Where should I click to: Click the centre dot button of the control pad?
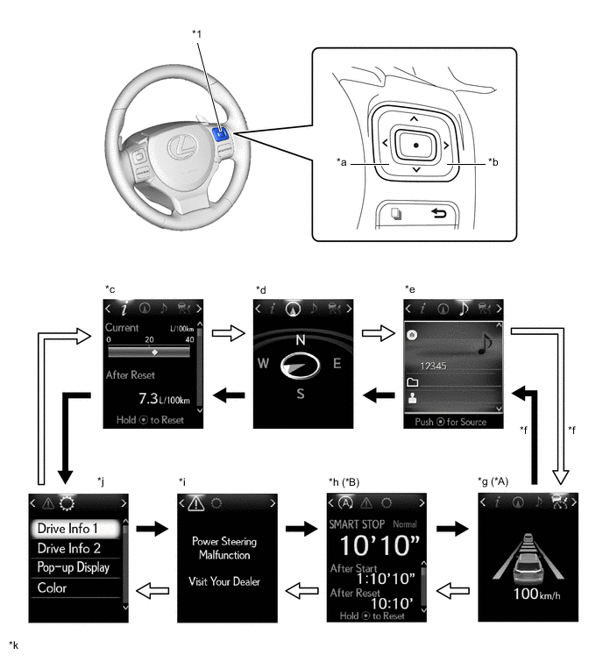415,143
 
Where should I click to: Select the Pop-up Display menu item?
74,567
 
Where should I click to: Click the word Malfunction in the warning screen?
223,554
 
